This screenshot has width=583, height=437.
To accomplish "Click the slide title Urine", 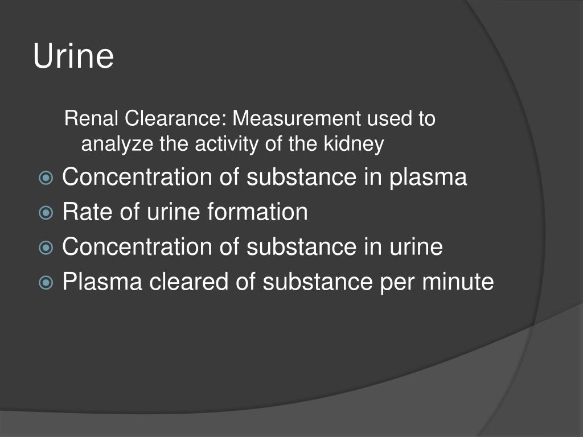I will tap(73, 56).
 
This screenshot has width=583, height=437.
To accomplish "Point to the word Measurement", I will tap(296, 119).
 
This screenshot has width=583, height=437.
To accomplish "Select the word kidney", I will tap(354, 145).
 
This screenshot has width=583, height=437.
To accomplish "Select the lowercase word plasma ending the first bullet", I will tap(428, 178).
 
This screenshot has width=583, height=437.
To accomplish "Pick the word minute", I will tap(458, 282).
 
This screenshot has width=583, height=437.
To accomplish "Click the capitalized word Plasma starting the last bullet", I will tap(102, 282).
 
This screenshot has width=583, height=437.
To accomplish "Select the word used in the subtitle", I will tap(388, 119).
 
